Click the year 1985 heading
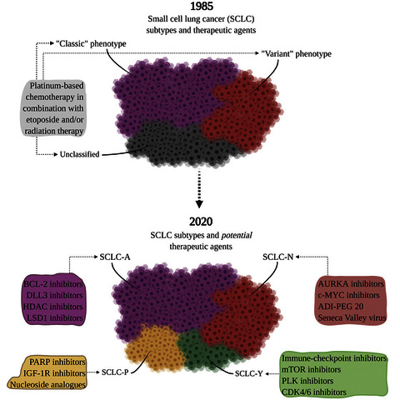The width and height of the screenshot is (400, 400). [202, 7]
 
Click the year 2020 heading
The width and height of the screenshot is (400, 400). [201, 222]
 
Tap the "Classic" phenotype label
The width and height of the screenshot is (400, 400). [91, 43]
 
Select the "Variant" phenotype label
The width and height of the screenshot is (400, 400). [297, 53]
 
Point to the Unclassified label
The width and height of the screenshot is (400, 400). [79, 154]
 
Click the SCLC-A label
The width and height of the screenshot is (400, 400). [115, 257]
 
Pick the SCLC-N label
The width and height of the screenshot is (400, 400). [277, 257]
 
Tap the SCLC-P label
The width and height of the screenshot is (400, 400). [115, 372]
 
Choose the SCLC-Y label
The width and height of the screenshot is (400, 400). [248, 373]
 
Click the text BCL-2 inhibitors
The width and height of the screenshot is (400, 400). [53, 284]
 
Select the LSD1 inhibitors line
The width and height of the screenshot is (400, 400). [55, 317]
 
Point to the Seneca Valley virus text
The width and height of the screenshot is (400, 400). [352, 317]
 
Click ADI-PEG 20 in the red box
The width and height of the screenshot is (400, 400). [341, 307]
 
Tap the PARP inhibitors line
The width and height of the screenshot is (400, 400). [57, 362]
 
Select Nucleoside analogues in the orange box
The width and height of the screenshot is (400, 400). [47, 385]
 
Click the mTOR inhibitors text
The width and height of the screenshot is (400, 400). [311, 369]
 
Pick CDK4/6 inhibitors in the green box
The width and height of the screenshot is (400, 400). [314, 392]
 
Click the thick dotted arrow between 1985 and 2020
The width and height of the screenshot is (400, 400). [199, 188]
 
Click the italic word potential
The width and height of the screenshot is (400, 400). [237, 236]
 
